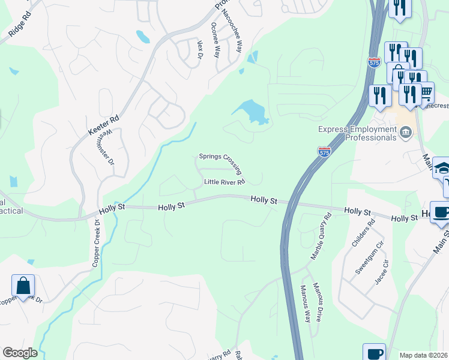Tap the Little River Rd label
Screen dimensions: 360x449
[x=225, y=182]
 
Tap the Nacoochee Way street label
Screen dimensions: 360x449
[x=232, y=31]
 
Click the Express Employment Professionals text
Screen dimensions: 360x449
[x=358, y=133]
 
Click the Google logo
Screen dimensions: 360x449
[x=20, y=353]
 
